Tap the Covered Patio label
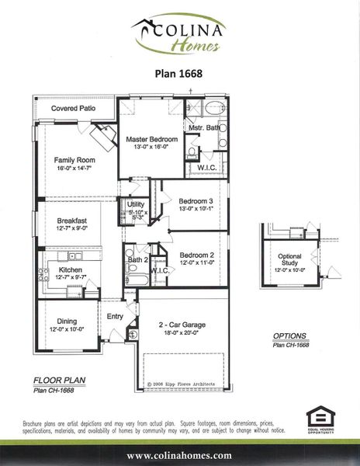tap(74, 109)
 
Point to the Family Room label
tap(75, 159)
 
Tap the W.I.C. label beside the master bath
tap(207, 167)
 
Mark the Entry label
tap(115, 316)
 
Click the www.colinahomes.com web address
tap(180, 455)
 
